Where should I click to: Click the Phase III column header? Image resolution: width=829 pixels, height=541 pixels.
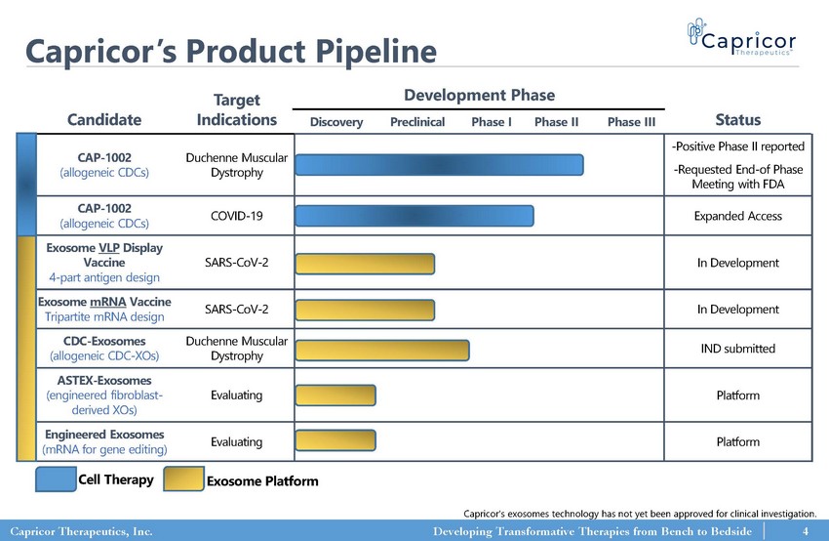(630, 122)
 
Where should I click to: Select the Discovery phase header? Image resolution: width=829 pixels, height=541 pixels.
(336, 122)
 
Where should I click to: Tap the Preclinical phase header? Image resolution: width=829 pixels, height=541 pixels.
(417, 122)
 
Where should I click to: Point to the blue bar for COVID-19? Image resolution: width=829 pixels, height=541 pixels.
(414, 216)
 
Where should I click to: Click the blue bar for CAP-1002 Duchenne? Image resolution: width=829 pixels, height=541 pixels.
(438, 164)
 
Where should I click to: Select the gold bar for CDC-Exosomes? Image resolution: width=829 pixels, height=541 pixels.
(381, 350)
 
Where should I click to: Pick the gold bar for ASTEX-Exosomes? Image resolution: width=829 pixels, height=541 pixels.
(335, 395)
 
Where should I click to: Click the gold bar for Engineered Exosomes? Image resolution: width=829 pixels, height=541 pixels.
(335, 441)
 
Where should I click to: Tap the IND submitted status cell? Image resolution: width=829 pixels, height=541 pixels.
(737, 349)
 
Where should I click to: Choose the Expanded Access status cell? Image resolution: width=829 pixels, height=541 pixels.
(737, 216)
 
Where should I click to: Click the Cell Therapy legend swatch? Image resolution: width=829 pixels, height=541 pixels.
(57, 479)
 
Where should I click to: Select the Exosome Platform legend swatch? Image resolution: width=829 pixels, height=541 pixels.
(181, 479)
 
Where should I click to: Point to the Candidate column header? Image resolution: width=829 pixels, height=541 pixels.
(104, 120)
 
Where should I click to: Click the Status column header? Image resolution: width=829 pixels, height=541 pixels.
(737, 119)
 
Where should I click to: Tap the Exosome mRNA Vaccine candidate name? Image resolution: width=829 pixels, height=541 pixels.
(103, 301)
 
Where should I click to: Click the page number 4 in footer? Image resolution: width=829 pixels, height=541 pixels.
(806, 531)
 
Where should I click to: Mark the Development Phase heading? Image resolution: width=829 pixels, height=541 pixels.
(479, 95)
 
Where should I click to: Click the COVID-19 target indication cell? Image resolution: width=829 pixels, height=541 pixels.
(237, 216)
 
